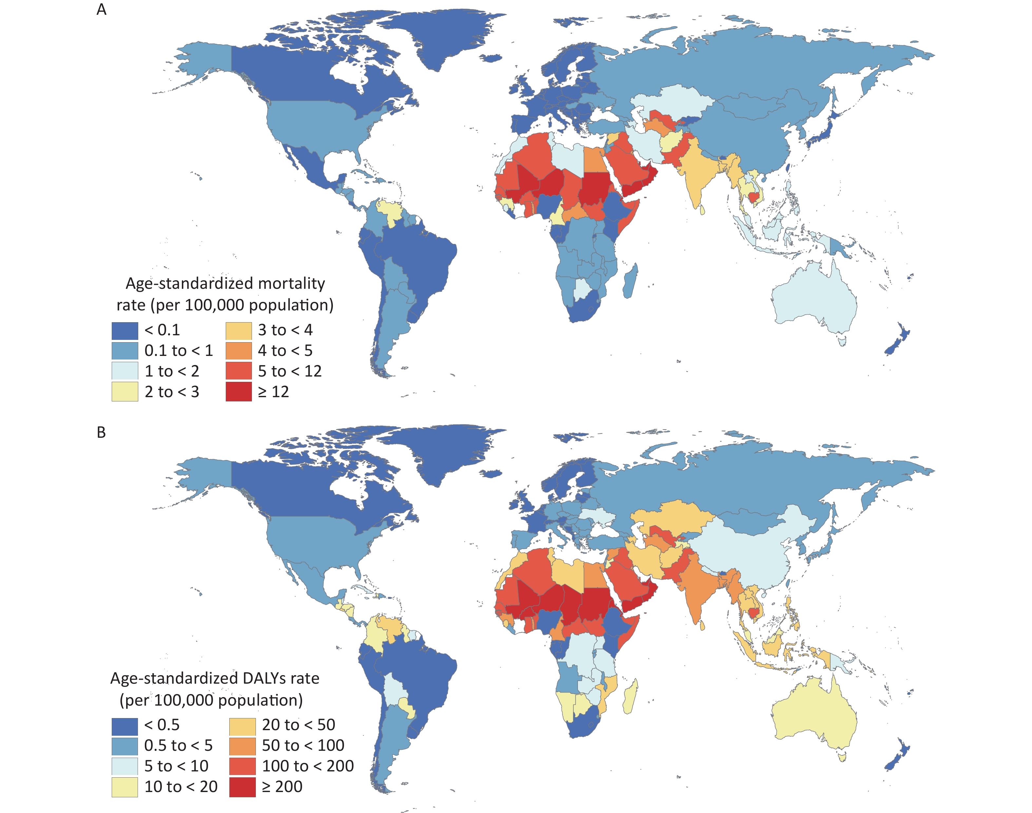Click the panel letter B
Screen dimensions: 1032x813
[x=102, y=432]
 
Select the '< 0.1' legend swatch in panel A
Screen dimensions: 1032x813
[x=125, y=330]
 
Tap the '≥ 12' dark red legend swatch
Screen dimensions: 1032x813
[x=239, y=392]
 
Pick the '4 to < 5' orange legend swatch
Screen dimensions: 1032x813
[x=239, y=351]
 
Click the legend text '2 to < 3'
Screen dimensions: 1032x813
[x=172, y=392]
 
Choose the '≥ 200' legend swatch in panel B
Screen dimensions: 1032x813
[x=242, y=787]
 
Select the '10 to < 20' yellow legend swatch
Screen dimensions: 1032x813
[x=125, y=787]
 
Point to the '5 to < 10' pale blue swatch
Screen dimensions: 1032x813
[x=125, y=766]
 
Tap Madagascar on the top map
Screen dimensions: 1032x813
[x=630, y=282]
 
